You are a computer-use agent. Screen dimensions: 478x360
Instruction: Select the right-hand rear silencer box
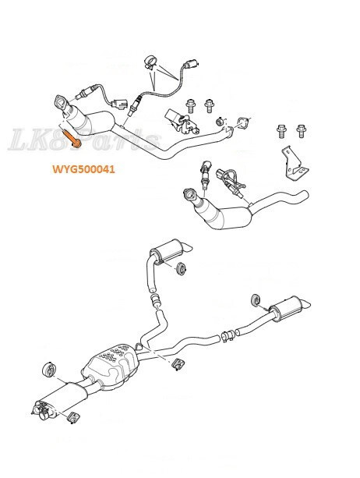284,310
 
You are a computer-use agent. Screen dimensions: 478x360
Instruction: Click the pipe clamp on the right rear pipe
227,338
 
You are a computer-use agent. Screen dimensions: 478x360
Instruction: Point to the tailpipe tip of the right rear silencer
309,302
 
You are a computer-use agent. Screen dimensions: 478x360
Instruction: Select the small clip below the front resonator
76,418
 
